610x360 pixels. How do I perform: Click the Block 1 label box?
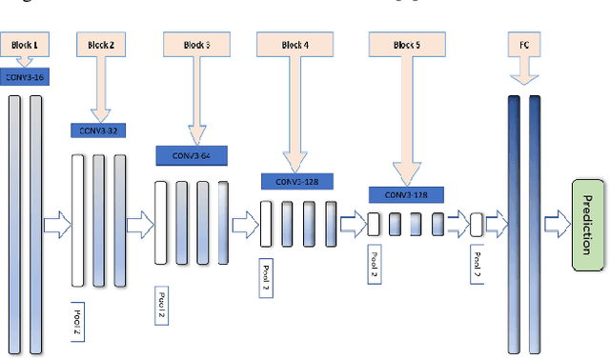24,44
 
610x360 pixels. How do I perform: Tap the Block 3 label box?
197,44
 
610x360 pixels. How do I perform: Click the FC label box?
523,44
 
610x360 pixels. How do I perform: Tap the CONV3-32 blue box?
99,130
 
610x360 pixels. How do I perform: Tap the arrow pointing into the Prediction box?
556,225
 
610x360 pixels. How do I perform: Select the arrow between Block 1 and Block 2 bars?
57,225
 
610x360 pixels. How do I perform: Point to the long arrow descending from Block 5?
409,119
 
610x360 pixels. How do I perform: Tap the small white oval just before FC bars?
477,225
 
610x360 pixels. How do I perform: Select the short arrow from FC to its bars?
522,72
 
